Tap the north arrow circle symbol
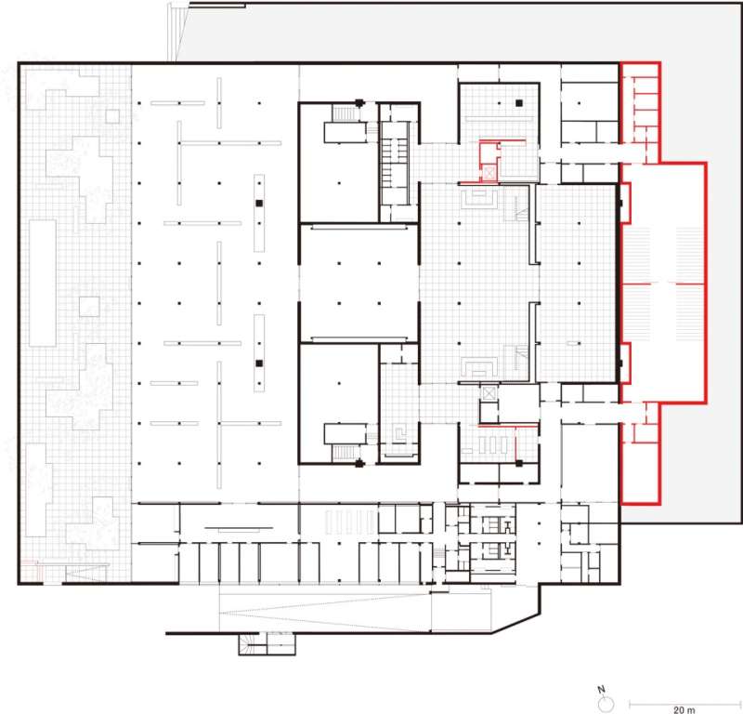click(x=602, y=701)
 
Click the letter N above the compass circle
click(x=602, y=689)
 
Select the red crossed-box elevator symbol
click(x=488, y=173)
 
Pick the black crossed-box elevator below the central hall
click(x=489, y=393)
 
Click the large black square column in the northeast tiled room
click(x=521, y=101)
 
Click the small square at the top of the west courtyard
click(x=112, y=116)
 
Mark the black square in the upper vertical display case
click(x=259, y=202)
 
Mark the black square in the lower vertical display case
click(x=259, y=363)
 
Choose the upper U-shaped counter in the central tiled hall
click(x=479, y=198)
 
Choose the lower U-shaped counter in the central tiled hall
click(x=479, y=367)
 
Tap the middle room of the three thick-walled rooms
click(x=358, y=283)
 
